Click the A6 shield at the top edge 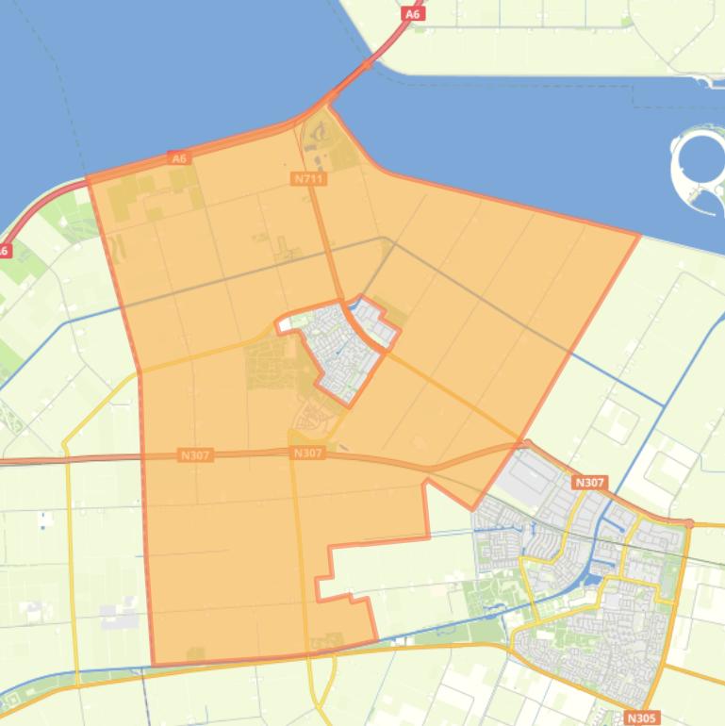point(412,14)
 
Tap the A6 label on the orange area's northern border point(180,158)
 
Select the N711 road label point(309,178)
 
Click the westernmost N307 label point(196,455)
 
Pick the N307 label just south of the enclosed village point(308,454)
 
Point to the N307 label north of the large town point(589,483)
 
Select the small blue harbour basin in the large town point(596,566)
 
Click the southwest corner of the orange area point(154,664)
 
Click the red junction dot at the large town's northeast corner point(690,523)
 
